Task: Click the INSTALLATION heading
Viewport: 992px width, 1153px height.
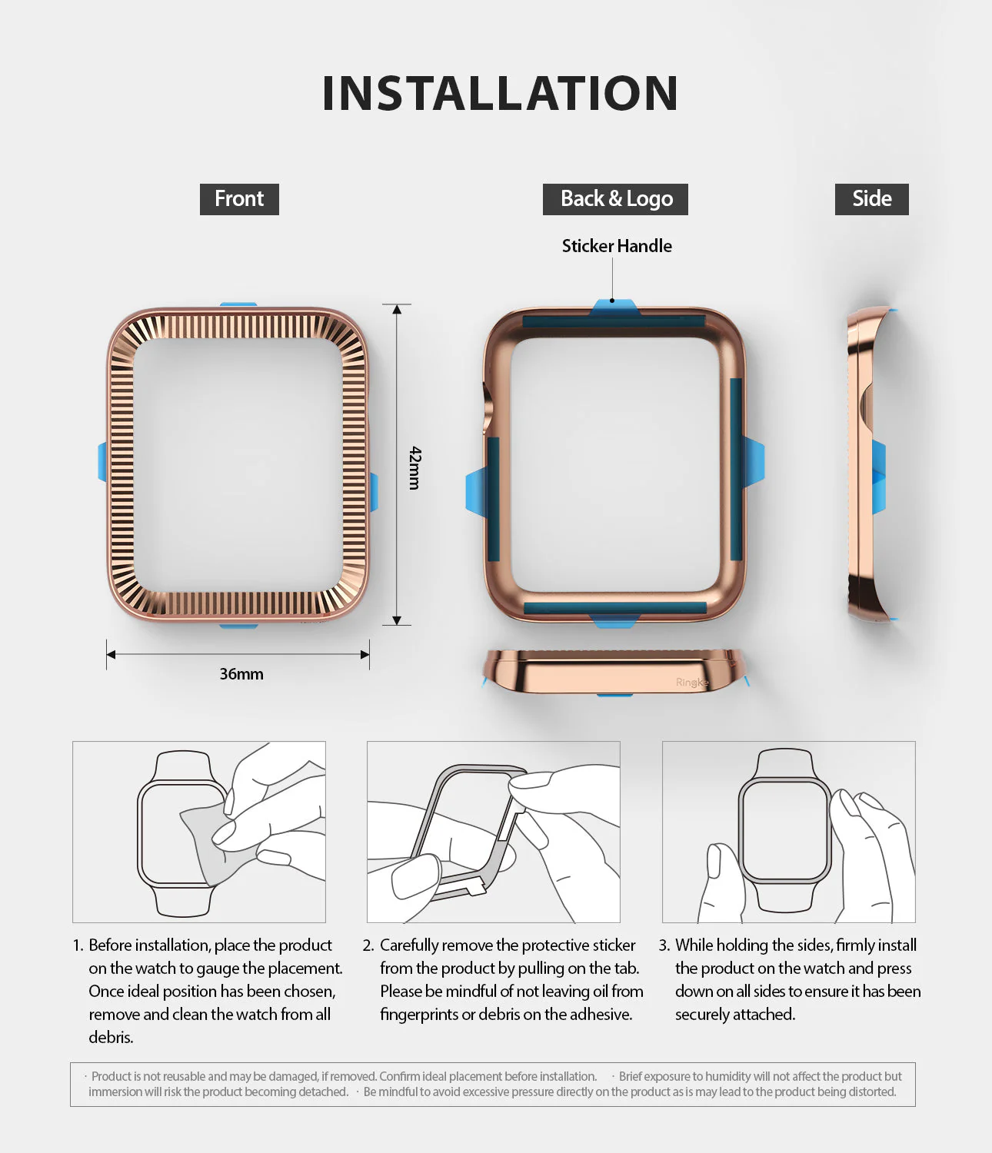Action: [x=500, y=93]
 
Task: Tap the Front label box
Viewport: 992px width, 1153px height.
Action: [x=239, y=199]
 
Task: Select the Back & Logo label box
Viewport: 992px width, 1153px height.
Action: [x=615, y=199]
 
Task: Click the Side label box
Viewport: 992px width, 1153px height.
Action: [x=871, y=199]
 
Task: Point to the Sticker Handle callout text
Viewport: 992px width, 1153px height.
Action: [x=617, y=246]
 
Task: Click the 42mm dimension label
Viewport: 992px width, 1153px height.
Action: [x=415, y=467]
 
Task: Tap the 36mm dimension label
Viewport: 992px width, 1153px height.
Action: [x=241, y=674]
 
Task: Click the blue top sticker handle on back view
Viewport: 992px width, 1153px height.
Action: [x=614, y=308]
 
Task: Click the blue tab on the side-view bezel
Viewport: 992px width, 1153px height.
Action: [x=878, y=477]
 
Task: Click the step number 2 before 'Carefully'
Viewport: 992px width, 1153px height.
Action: [x=368, y=945]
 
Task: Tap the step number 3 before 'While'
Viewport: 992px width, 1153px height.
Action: [x=664, y=945]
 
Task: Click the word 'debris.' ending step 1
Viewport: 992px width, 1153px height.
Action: [x=111, y=1038]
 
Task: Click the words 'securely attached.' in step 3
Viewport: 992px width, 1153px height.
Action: [x=735, y=1015]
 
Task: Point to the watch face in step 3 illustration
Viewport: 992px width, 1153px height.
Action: [x=784, y=830]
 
